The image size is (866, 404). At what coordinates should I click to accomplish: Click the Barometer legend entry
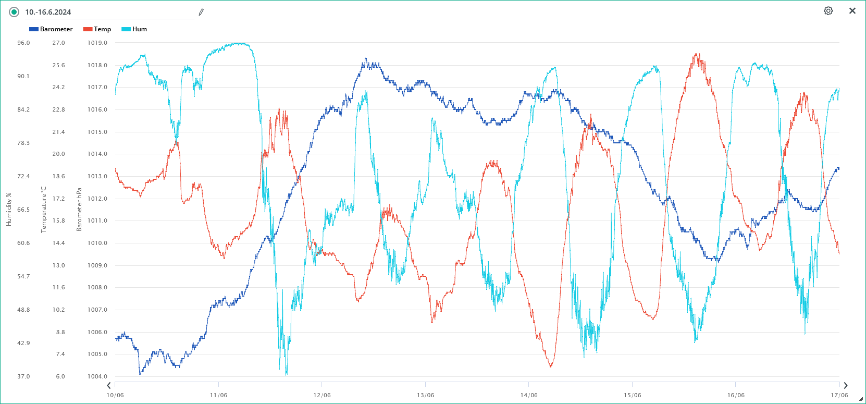point(51,29)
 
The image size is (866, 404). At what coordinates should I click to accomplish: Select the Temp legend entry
point(97,29)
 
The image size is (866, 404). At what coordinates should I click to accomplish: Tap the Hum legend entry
point(134,29)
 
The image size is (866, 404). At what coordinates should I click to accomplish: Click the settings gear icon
point(828,11)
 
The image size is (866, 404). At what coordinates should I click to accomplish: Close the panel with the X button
point(852,11)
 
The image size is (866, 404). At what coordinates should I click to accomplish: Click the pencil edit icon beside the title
point(201,12)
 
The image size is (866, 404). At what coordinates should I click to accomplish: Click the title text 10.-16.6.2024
point(48,12)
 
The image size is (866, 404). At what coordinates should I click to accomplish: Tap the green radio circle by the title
point(14,12)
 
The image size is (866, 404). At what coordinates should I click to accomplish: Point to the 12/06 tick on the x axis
point(322,395)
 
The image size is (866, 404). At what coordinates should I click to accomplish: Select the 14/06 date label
point(529,395)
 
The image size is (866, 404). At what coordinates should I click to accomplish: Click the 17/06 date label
point(839,395)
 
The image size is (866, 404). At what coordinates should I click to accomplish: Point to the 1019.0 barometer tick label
point(97,43)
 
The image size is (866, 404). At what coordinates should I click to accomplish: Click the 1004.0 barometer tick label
point(97,376)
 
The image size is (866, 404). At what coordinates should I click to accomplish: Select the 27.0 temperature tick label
point(58,43)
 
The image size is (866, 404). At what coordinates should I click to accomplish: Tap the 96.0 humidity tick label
point(23,43)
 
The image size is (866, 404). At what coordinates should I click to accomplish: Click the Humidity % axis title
point(9,210)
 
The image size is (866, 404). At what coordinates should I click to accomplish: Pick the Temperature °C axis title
point(44,210)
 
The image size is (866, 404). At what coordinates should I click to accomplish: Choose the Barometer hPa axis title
point(79,210)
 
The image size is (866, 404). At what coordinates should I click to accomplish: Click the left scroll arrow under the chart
point(109,386)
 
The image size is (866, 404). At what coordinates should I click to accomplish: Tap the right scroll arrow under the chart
point(845,386)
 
